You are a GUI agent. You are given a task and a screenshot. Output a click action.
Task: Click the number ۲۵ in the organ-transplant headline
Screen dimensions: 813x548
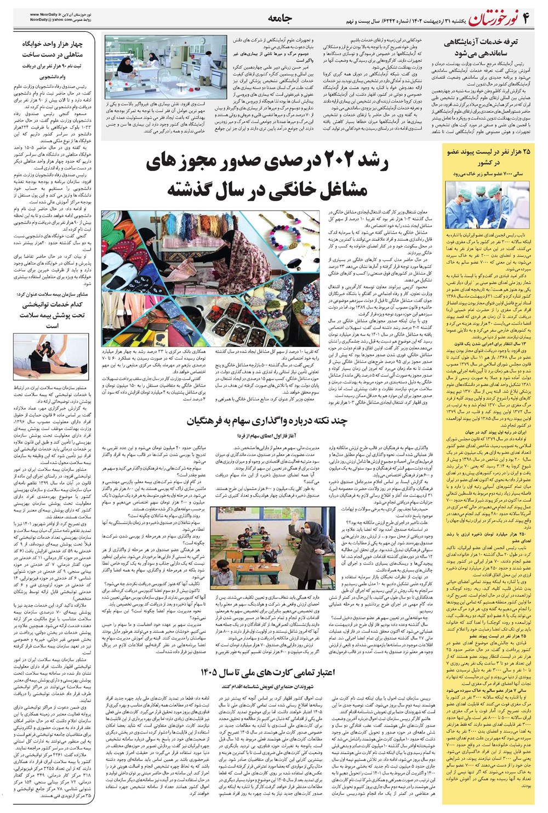click(x=527, y=152)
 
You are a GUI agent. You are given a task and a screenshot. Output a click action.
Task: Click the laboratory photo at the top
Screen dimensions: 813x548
click(x=164, y=67)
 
